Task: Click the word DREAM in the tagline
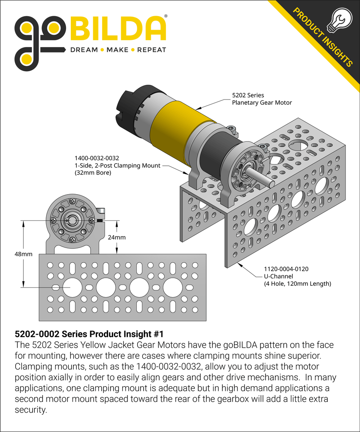click(x=83, y=50)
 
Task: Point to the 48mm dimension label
click(x=23, y=254)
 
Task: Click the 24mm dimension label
click(x=117, y=237)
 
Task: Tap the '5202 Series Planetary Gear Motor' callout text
click(x=261, y=99)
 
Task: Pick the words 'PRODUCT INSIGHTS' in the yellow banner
click(x=322, y=39)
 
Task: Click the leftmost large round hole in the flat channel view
click(x=72, y=287)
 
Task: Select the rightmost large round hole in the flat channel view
click(x=172, y=287)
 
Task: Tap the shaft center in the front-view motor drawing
click(x=72, y=220)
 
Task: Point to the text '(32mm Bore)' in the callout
click(x=92, y=173)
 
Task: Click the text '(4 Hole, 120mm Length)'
click(x=298, y=283)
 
